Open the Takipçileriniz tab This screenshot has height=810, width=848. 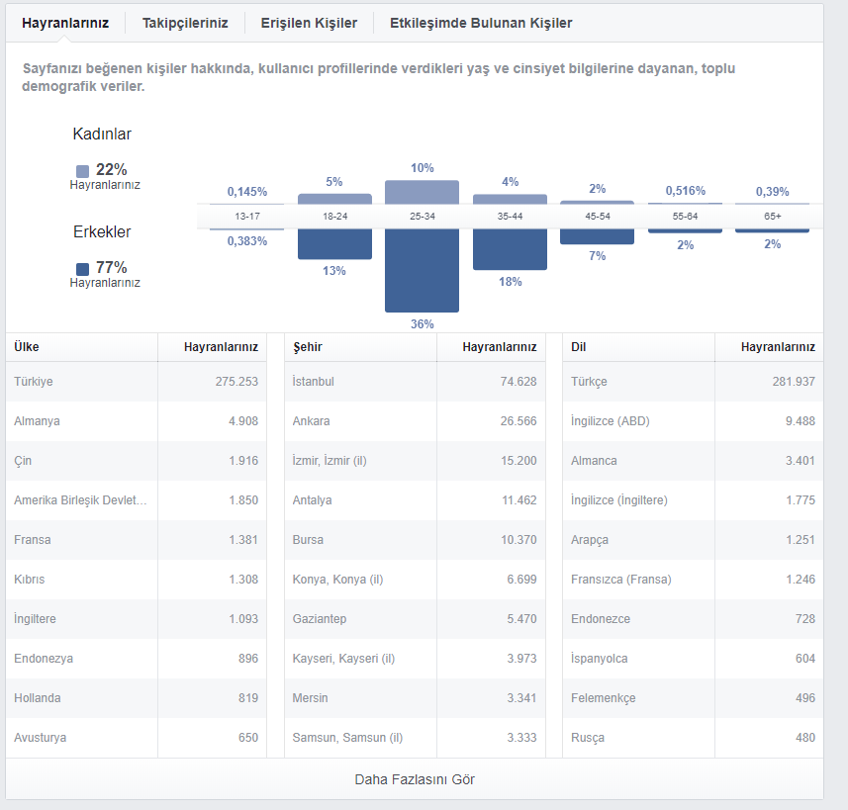click(185, 24)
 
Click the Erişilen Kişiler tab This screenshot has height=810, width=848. click(309, 24)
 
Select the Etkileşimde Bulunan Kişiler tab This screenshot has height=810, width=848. click(481, 24)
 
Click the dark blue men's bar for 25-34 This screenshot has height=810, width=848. click(422, 270)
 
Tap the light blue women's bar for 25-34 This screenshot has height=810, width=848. click(422, 192)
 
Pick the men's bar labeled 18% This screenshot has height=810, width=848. click(510, 249)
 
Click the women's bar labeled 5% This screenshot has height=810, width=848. click(334, 199)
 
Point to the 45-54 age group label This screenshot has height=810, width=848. click(598, 217)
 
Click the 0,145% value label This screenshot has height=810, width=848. click(247, 192)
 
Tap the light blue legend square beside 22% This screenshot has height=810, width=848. click(83, 171)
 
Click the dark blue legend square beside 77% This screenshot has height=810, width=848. click(83, 269)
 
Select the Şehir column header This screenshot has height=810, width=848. click(308, 347)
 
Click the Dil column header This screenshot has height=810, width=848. click(578, 347)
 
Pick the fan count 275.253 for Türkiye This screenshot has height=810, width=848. click(236, 381)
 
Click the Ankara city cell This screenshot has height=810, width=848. click(311, 421)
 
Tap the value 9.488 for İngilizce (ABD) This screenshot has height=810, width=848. click(801, 421)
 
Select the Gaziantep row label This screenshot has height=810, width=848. click(320, 619)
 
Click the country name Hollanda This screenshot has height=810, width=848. click(38, 698)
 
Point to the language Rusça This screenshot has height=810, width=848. click(588, 738)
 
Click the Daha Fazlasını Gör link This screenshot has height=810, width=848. click(415, 779)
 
